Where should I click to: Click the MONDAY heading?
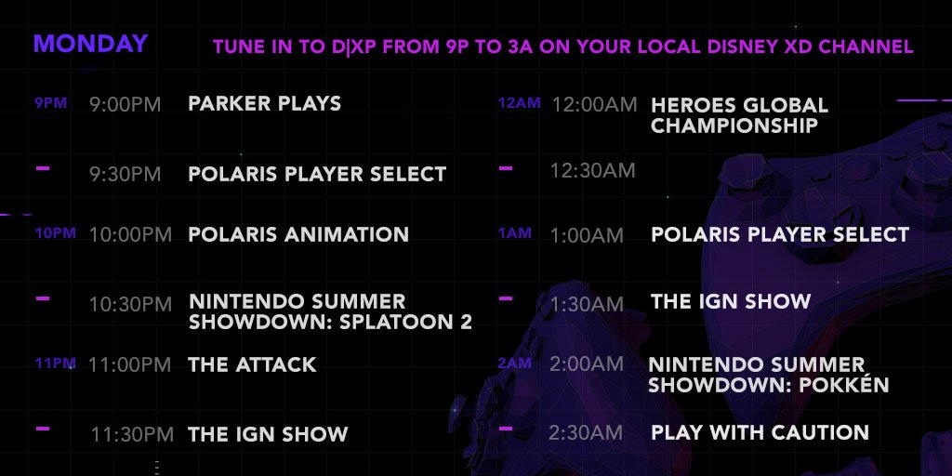click(x=90, y=44)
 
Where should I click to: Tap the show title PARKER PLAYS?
click(x=265, y=103)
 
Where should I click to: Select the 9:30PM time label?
click(x=126, y=174)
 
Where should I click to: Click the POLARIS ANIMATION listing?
click(x=298, y=234)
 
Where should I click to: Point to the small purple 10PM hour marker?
click(x=55, y=233)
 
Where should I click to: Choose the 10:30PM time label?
click(x=130, y=304)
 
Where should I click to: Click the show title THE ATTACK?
click(x=252, y=364)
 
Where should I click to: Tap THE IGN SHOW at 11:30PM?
click(x=268, y=434)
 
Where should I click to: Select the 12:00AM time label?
click(x=594, y=105)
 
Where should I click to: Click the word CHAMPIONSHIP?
click(x=734, y=126)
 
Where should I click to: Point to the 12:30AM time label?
click(x=592, y=171)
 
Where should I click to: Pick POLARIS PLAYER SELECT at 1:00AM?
click(x=780, y=234)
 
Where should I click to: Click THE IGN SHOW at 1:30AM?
click(x=731, y=301)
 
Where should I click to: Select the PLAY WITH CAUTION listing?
click(x=760, y=432)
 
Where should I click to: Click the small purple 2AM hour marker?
click(x=515, y=364)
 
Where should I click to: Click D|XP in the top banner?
click(x=354, y=46)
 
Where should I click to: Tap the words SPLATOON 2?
click(x=405, y=323)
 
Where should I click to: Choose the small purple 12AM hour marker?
click(x=519, y=103)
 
